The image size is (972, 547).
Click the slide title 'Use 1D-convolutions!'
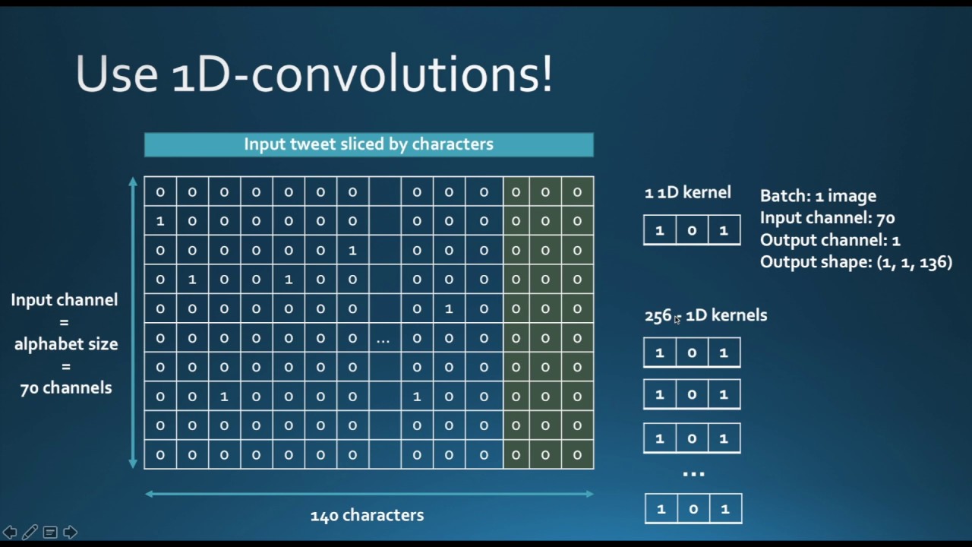click(314, 74)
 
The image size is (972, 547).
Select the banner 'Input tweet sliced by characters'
click(368, 144)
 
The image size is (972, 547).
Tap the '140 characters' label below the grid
click(367, 515)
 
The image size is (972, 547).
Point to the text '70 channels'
click(66, 388)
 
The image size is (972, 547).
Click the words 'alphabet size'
click(66, 344)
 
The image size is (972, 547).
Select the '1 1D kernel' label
click(687, 193)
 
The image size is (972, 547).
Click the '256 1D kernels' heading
click(705, 315)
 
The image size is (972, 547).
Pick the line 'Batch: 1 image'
click(818, 196)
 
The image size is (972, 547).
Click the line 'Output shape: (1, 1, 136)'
click(856, 262)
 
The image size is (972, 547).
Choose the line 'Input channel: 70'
click(827, 218)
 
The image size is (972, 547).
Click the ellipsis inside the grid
click(383, 340)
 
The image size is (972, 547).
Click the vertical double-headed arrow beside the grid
click(133, 322)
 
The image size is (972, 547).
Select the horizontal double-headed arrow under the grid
click(368, 494)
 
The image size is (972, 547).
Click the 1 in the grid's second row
click(160, 221)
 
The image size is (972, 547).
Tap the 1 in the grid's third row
click(352, 251)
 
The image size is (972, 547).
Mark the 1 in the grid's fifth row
click(449, 309)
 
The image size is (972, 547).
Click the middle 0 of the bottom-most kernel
click(693, 509)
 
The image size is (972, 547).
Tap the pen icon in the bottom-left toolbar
click(30, 532)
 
